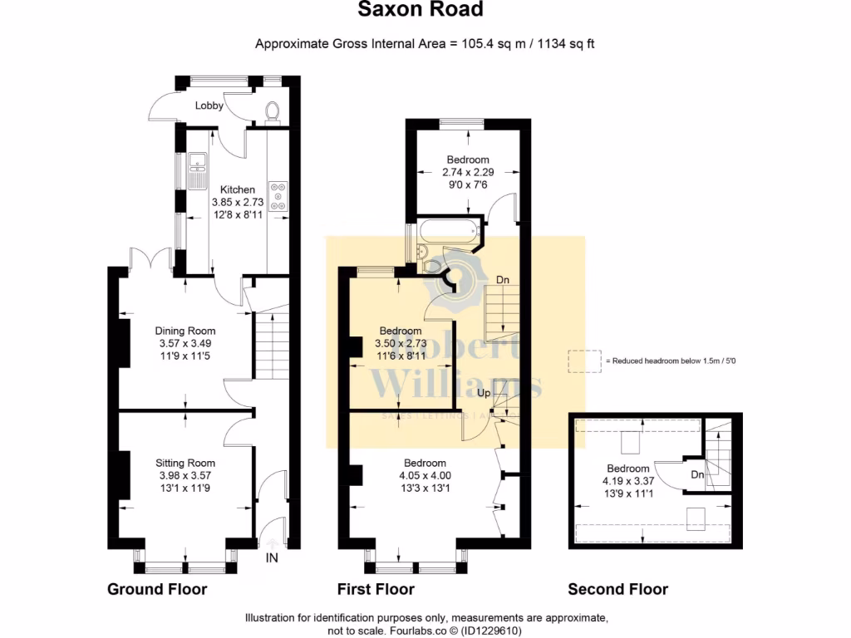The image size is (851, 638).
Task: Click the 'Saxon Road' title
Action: pos(420,10)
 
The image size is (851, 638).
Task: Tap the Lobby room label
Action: pos(210,106)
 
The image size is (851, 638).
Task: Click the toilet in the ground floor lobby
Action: pos(271,111)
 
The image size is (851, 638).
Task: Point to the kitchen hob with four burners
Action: pos(278,196)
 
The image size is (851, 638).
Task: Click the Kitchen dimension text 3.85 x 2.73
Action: pos(238,202)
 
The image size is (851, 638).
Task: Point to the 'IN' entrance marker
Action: pos(272,559)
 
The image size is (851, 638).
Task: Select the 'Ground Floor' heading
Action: pos(157,590)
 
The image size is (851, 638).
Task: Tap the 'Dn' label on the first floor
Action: pos(503,280)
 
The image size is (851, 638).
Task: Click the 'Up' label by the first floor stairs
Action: pos(483,392)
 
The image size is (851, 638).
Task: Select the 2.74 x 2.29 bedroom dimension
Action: pos(468,172)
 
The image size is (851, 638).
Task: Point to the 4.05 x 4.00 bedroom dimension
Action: pos(425,475)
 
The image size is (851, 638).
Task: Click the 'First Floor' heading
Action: pos(376,590)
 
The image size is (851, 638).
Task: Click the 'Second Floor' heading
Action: pos(617,590)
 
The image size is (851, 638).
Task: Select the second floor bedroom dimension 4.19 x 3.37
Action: pos(627,480)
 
